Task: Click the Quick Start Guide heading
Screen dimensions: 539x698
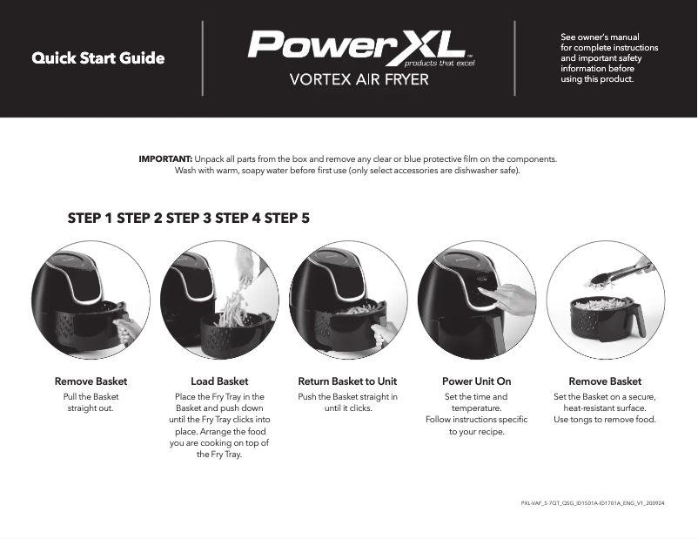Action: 97,59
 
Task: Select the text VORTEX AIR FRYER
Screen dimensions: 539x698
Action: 359,81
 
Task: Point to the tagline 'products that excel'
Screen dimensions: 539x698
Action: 440,64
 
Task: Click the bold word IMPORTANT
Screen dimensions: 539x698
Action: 165,159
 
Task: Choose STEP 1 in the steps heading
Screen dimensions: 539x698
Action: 91,218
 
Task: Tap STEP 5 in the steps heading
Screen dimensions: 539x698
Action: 287,218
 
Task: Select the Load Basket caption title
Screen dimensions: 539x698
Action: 219,381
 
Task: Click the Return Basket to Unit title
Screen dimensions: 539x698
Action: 347,381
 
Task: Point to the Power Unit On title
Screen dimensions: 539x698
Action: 476,381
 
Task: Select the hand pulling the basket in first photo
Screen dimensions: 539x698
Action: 129,329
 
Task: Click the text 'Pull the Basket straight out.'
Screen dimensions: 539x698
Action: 91,402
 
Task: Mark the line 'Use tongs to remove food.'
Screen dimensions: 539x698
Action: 605,420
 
